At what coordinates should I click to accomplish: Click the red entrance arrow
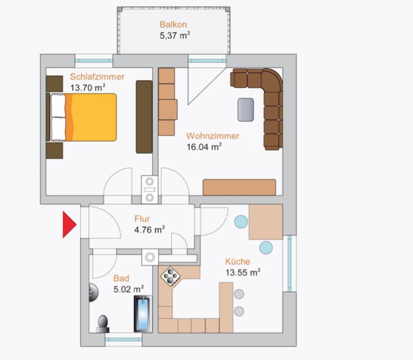tap(69, 224)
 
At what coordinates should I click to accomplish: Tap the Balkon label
tap(173, 24)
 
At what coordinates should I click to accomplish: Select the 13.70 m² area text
tap(88, 88)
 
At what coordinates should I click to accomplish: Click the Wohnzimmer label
tap(213, 136)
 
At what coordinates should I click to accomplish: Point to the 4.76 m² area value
tap(150, 230)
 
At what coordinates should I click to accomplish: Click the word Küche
tap(237, 261)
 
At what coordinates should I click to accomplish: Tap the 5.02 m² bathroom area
tap(129, 289)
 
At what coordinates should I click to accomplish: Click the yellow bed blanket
tap(91, 118)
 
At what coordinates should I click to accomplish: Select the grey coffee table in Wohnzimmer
tap(246, 110)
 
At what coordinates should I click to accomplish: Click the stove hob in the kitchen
tap(171, 276)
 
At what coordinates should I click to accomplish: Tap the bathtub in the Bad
tap(143, 314)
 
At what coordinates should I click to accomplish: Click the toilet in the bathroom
tap(103, 324)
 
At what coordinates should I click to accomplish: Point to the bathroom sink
tap(93, 292)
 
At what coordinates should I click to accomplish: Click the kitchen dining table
tap(266, 222)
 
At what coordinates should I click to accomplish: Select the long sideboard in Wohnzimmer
tap(240, 187)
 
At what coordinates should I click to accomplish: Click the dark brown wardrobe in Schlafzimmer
tap(144, 117)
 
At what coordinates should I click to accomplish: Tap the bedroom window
tap(94, 61)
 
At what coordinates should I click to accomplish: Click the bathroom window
tap(123, 339)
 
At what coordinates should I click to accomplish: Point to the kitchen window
tap(290, 264)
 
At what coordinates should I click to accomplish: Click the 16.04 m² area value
tap(204, 147)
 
